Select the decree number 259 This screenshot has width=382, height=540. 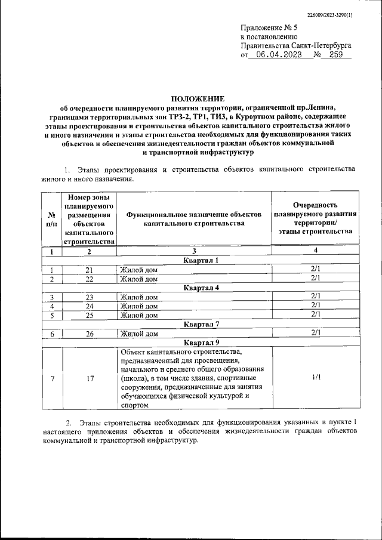(335, 54)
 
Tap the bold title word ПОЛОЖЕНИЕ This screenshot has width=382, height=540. (198, 98)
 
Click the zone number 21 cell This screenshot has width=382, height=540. (90, 270)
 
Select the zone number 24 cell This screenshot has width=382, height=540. (90, 306)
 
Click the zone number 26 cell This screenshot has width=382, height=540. (90, 334)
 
